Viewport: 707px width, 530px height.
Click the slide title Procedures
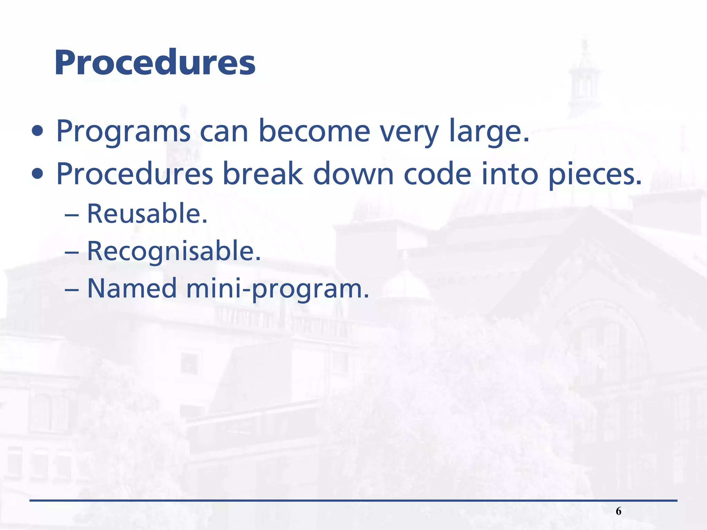click(x=155, y=63)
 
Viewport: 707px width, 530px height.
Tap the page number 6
click(x=618, y=511)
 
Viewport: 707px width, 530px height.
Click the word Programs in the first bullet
click(x=123, y=131)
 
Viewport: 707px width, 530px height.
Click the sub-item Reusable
click(x=147, y=214)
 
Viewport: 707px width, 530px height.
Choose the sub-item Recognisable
click(x=174, y=251)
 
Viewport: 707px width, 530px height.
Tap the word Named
click(x=132, y=288)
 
